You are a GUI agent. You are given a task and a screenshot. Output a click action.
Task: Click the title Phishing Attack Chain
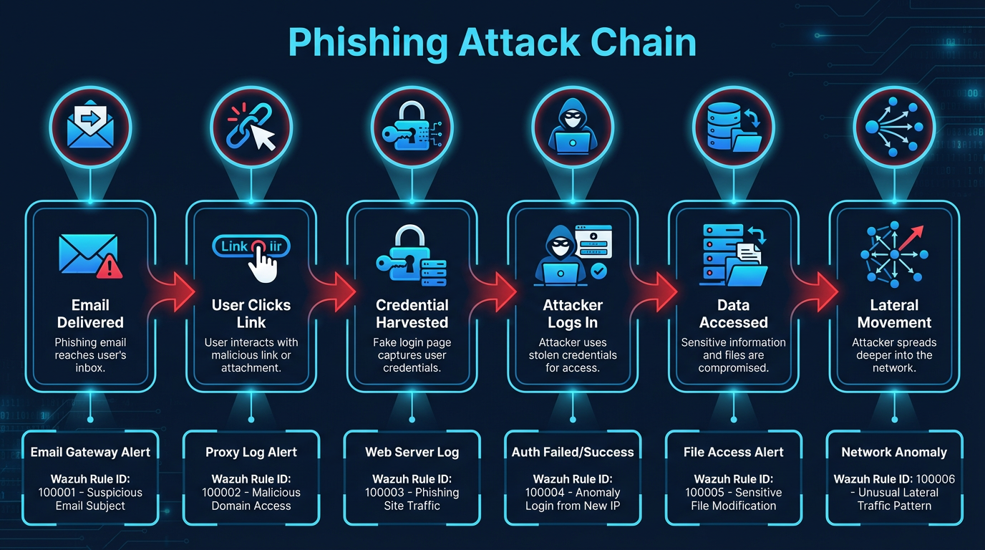[x=492, y=43]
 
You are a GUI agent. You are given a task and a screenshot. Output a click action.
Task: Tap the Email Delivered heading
[x=90, y=314]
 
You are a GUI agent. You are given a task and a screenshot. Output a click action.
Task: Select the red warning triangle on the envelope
[x=109, y=267]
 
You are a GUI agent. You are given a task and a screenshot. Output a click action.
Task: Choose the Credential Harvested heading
[x=412, y=314]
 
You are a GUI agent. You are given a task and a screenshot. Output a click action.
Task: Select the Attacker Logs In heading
[x=573, y=314]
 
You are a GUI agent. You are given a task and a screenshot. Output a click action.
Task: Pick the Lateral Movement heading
[x=894, y=314]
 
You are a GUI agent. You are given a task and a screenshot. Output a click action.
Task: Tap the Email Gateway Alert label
[x=90, y=452]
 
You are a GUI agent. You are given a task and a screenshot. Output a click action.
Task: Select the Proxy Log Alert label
[x=251, y=452]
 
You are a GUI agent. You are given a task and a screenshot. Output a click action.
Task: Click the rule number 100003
[x=387, y=493]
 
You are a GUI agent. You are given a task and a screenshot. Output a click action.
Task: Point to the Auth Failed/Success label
[x=573, y=452]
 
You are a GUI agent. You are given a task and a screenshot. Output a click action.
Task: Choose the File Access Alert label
[x=734, y=452]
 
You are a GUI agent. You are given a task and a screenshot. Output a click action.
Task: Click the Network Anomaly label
[x=894, y=452]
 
